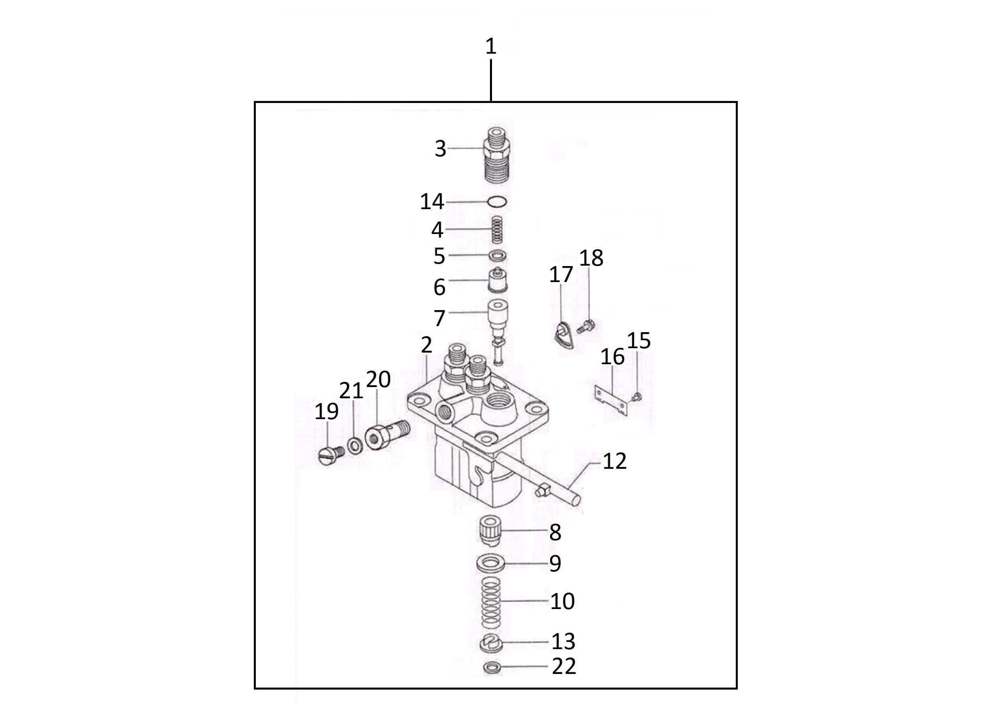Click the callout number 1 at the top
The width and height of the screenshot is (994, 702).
(x=490, y=46)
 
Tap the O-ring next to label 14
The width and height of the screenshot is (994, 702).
(x=497, y=202)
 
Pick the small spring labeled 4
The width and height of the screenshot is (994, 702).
(x=497, y=230)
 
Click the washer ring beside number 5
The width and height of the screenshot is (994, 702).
(x=498, y=256)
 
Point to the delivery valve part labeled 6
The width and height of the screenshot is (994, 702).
(x=498, y=281)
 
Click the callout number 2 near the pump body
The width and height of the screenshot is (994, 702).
(x=427, y=345)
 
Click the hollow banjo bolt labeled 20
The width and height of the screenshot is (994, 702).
(x=385, y=435)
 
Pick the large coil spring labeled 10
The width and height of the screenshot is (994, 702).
(x=490, y=603)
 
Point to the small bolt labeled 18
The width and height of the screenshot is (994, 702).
(x=586, y=326)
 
